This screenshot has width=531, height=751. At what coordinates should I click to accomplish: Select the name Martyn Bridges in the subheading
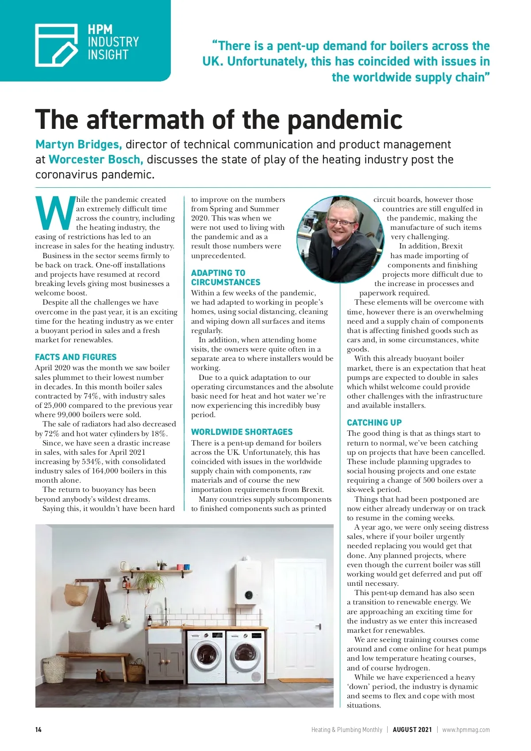coord(78,144)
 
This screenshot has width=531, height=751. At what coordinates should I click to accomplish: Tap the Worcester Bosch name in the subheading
coord(96,159)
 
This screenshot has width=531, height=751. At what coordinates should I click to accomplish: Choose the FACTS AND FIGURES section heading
coord(76,357)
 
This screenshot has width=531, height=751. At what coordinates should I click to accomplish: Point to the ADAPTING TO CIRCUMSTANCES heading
coord(226,278)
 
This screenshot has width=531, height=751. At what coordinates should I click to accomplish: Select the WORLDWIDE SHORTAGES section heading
coord(242,432)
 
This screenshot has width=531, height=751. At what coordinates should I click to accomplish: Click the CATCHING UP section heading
coord(374,422)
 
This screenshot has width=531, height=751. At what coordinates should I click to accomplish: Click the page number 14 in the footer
coord(38,730)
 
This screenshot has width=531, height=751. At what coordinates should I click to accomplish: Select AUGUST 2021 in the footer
coord(412,730)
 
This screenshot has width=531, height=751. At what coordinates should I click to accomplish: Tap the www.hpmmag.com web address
coord(466,730)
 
